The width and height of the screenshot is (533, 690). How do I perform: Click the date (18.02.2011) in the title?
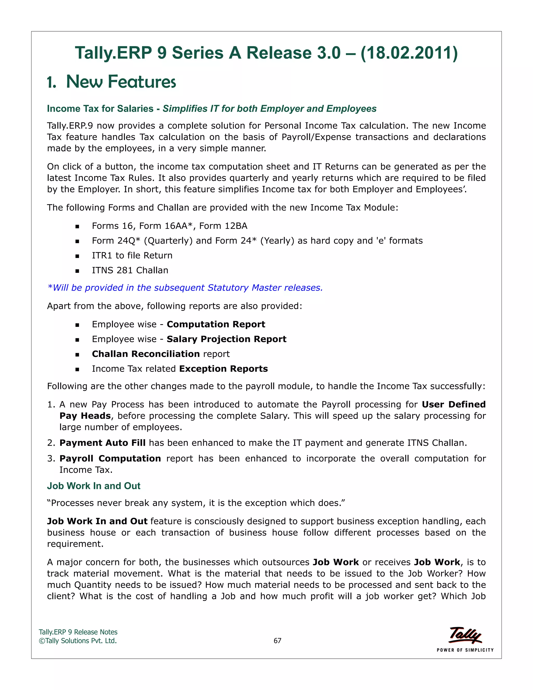coord(409,53)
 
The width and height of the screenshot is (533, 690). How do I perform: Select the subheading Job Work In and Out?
coord(93,486)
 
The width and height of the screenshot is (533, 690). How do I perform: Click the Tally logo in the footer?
coord(465,635)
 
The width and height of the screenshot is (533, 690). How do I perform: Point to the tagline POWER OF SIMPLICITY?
coord(465,650)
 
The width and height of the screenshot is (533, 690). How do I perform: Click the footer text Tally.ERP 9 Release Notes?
coord(78,632)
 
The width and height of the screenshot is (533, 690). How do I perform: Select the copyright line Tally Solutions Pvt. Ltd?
coord(78,641)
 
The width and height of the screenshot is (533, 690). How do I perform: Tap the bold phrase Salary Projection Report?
coord(226,339)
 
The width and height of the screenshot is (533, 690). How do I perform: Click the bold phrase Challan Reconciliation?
coord(145,354)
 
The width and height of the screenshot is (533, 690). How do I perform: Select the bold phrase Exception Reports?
coord(223,369)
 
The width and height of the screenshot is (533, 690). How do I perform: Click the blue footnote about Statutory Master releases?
coord(185,287)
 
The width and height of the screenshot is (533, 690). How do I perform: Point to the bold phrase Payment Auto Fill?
coord(102,443)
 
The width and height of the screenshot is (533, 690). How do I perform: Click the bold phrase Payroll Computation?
coord(110,459)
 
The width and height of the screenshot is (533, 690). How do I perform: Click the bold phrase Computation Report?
coord(216,324)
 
